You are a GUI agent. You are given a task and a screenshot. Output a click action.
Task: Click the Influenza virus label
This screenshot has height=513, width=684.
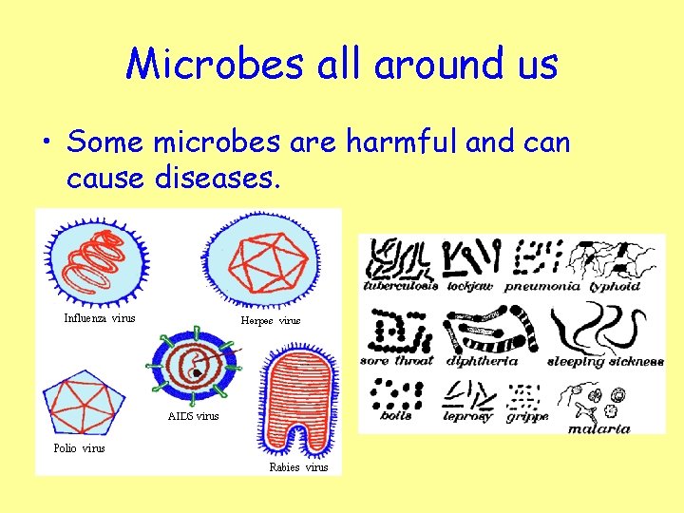point(100,318)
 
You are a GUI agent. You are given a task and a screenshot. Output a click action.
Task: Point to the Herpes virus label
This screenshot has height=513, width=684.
point(271,321)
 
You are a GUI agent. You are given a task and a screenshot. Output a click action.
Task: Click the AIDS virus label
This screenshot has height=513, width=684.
point(193,416)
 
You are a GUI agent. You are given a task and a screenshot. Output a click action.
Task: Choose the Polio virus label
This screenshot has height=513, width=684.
point(80,447)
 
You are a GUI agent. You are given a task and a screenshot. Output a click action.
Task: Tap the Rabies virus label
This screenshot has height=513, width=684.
point(298,466)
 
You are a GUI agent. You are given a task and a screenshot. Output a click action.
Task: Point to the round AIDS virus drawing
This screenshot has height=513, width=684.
point(194,367)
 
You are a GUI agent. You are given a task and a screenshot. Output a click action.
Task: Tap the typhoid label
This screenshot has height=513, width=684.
point(615,286)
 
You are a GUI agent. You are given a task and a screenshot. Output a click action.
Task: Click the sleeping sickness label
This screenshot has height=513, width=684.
point(605,362)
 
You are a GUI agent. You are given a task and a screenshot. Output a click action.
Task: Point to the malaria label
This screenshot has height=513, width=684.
point(599,428)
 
